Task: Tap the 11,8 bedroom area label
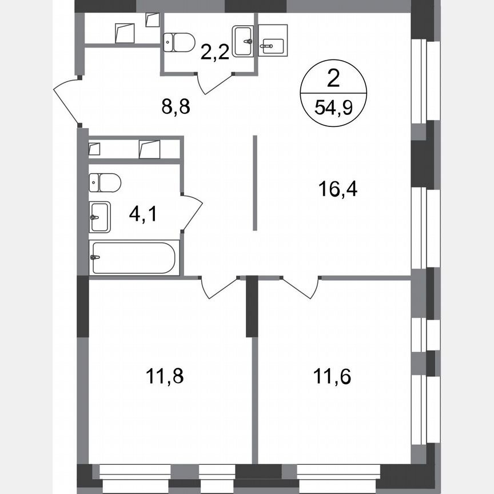[x=166, y=377]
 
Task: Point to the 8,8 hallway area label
[x=175, y=106]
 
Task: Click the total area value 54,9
[x=333, y=106]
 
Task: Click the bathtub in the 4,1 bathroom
[x=134, y=258]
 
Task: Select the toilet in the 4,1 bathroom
[x=105, y=183]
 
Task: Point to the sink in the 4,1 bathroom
[x=99, y=217]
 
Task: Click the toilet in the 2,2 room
[x=179, y=41]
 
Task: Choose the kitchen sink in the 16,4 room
[x=272, y=41]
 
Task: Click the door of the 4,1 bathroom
[x=193, y=212]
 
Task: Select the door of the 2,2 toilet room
[x=215, y=83]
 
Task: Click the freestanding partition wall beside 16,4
[x=255, y=183]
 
